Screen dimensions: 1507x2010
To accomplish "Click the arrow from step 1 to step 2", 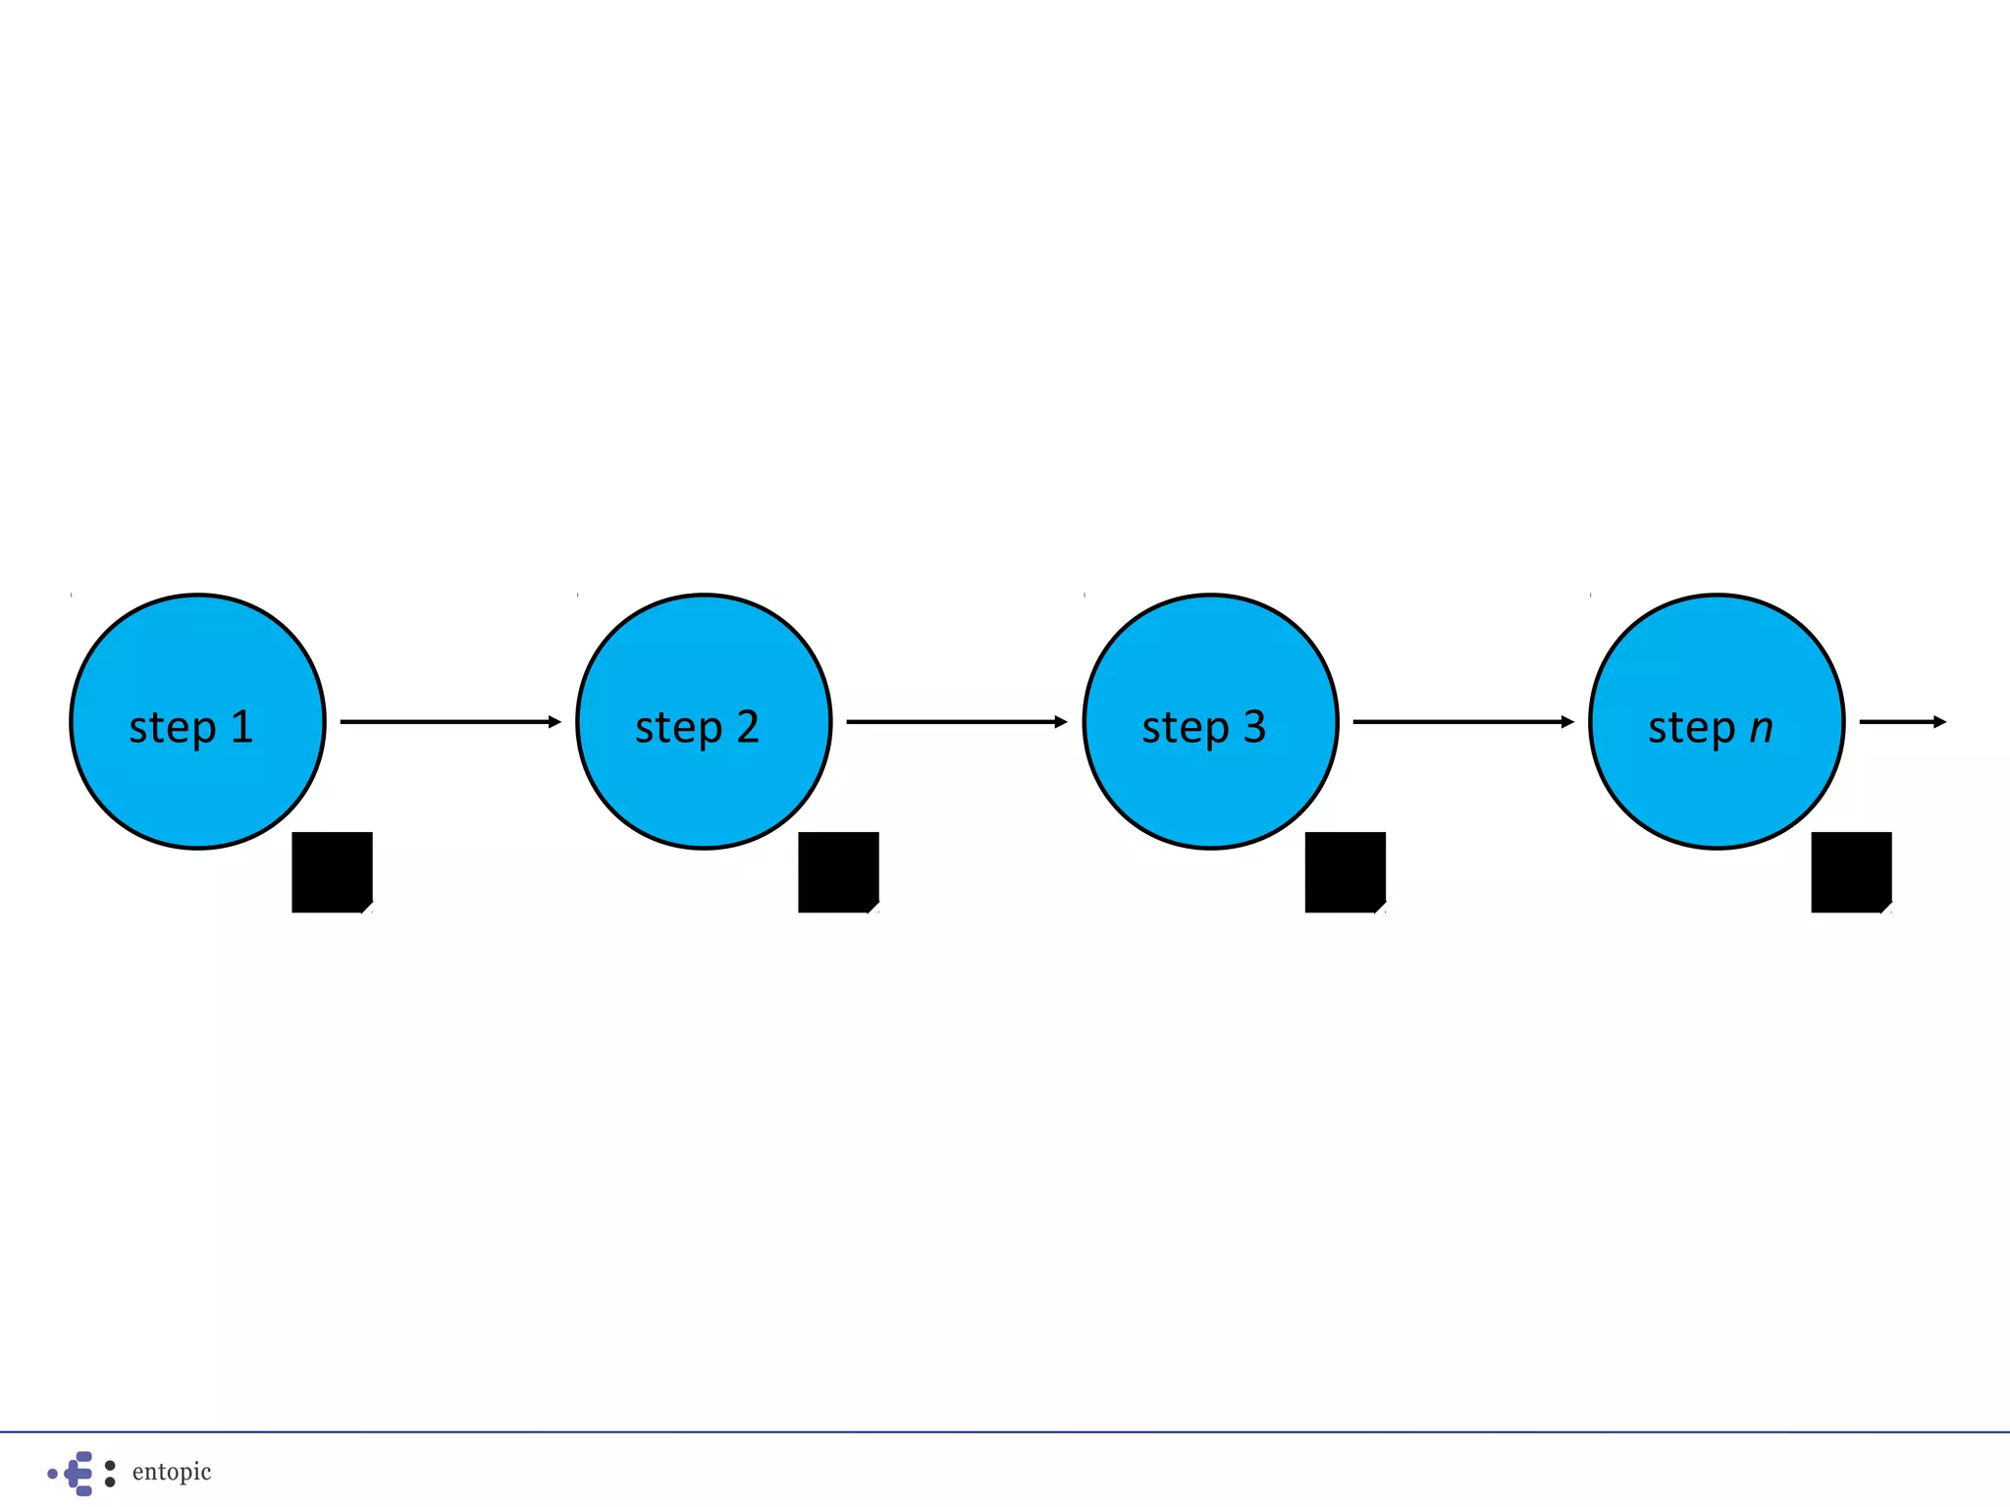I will click(x=450, y=722).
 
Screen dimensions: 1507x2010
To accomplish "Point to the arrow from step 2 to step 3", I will click(x=956, y=722).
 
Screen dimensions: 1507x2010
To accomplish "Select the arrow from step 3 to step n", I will click(x=1462, y=722).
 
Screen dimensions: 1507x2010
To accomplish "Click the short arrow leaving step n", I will click(x=1902, y=722).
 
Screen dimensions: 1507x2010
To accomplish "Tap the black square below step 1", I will click(x=332, y=872).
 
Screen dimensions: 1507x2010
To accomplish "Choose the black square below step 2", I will click(x=838, y=872).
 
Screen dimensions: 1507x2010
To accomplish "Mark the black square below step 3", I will click(x=1345, y=872).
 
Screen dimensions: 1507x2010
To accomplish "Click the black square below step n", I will click(x=1851, y=872).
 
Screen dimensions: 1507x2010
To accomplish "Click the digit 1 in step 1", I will click(x=242, y=727).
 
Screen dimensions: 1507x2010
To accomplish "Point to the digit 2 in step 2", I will click(x=748, y=727).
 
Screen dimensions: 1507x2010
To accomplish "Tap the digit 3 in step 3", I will click(x=1254, y=727).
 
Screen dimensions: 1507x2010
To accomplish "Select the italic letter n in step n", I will click(x=1762, y=729).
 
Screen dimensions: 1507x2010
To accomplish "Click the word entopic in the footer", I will click(x=172, y=1472).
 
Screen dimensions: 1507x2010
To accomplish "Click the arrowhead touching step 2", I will click(x=555, y=722).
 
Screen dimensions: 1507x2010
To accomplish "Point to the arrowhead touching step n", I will click(x=1567, y=722).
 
